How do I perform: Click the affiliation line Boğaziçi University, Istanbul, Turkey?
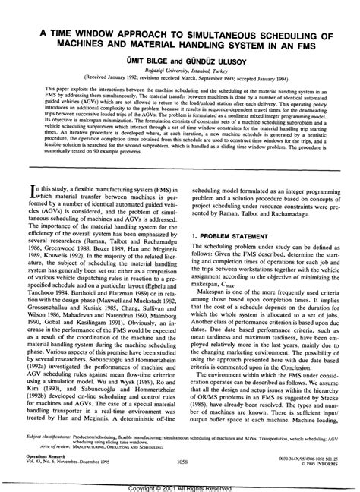[x=179, y=51]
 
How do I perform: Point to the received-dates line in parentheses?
[x=179, y=58]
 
